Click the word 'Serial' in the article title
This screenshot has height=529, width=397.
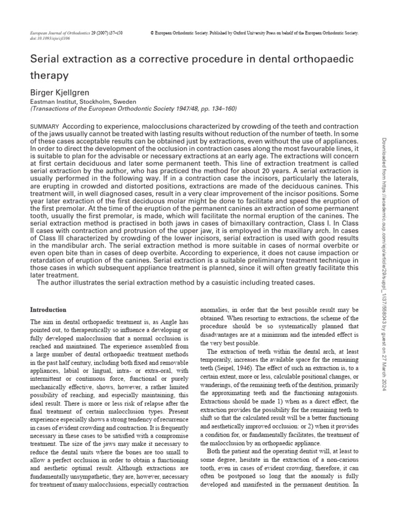pyautogui.click(x=47, y=59)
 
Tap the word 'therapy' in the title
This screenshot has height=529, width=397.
pyautogui.click(x=50, y=76)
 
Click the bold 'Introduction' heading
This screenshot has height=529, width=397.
pyautogui.click(x=48, y=310)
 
